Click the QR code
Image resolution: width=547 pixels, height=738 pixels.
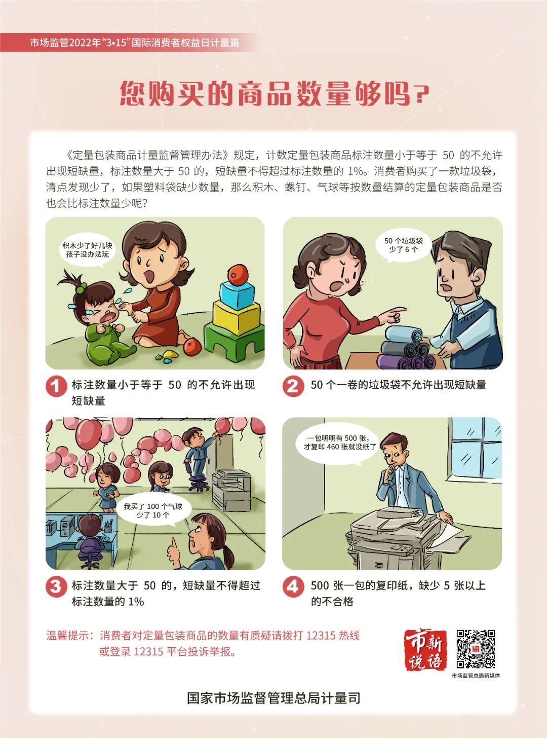pos(476,649)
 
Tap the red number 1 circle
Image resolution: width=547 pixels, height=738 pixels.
pos(56,386)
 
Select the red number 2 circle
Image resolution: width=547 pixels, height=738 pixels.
pos(293,386)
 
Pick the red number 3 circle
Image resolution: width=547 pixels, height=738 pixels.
pos(56,586)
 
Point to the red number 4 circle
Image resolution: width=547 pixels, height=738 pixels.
pos(293,586)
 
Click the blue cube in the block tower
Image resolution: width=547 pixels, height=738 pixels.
pos(237,296)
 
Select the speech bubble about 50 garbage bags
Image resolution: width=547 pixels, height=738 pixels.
pos(403,246)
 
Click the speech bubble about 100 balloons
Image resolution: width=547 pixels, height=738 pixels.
pos(153,511)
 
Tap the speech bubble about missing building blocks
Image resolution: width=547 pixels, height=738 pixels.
pos(88,251)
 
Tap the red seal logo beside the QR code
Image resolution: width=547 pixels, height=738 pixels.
pos(425,649)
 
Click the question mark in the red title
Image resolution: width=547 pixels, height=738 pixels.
pos(421,93)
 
